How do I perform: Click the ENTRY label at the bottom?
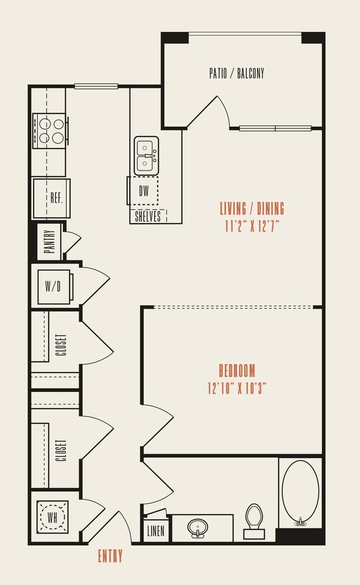click(110, 556)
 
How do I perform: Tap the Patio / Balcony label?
click(236, 73)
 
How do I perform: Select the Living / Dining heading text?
click(252, 208)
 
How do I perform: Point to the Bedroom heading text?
click(236, 370)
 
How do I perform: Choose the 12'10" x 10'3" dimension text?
click(236, 388)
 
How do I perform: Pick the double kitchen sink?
click(146, 156)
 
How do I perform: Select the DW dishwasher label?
click(144, 191)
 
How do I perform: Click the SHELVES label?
click(148, 216)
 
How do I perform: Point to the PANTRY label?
click(49, 242)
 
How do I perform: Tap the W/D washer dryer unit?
click(54, 287)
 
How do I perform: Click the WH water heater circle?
click(53, 517)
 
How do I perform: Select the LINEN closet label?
click(156, 532)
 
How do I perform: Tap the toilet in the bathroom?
click(254, 520)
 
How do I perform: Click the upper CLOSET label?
click(61, 344)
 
